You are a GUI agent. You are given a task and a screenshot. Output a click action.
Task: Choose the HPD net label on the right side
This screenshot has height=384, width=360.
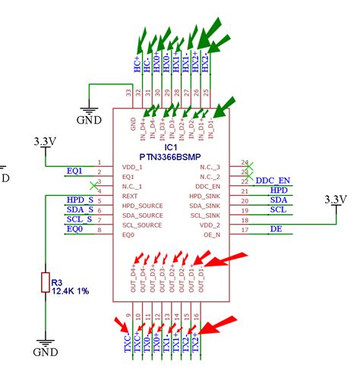tap(279, 190)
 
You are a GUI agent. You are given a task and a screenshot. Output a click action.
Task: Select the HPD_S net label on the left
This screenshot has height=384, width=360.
tap(80, 200)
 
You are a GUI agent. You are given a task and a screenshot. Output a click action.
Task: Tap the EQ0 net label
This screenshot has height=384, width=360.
tap(74, 229)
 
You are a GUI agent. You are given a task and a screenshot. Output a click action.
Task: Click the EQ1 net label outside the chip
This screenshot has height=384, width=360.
tap(74, 171)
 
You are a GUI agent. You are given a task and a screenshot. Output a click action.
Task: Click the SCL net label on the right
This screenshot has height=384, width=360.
tap(278, 209)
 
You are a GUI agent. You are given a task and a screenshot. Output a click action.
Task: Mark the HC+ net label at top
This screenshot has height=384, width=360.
tap(137, 65)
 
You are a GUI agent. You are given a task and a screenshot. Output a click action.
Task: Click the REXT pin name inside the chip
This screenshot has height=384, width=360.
tap(129, 196)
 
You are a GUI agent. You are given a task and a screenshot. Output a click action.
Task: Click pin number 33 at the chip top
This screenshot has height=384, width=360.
tap(128, 93)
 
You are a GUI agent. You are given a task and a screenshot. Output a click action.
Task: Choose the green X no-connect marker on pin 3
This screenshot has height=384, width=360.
tap(93, 185)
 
